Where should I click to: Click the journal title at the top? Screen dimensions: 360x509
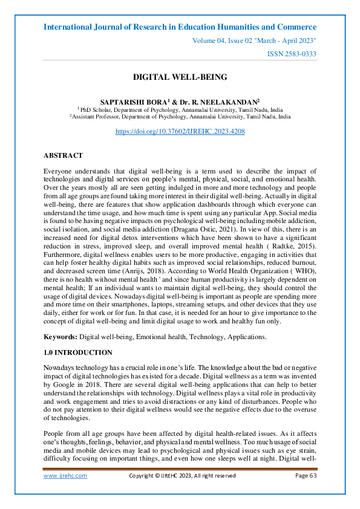pyautogui.click(x=180, y=27)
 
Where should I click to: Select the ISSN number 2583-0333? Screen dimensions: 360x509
pyautogui.click(x=291, y=54)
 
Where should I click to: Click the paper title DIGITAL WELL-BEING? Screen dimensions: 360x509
pyautogui.click(x=180, y=77)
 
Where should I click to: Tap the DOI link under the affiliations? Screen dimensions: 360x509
pyautogui.click(x=180, y=131)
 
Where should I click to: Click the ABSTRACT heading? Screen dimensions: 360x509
pyautogui.click(x=63, y=155)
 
